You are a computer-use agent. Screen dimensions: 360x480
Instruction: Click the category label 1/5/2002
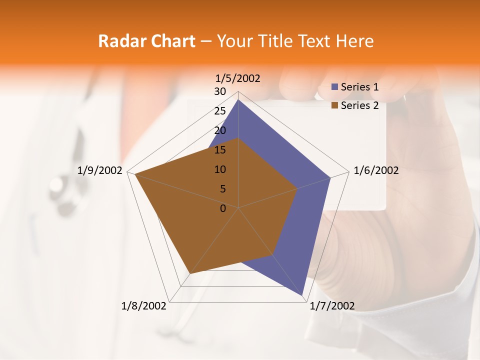[238, 78]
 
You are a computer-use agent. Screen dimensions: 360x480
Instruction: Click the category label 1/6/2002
[376, 170]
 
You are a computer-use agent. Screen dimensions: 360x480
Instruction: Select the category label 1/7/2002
[332, 306]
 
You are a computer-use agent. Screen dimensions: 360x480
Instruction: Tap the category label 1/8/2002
[144, 306]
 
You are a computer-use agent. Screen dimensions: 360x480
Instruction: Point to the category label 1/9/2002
[100, 170]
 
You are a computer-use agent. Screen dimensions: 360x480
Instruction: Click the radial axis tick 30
[220, 91]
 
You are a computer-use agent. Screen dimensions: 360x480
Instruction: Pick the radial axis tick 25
[220, 111]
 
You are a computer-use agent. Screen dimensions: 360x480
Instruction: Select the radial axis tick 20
[220, 130]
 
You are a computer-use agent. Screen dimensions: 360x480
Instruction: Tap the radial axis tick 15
[220, 150]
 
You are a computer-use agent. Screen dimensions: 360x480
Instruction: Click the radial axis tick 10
[220, 169]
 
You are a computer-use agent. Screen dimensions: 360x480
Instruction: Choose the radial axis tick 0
[223, 208]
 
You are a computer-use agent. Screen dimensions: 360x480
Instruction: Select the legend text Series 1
[359, 87]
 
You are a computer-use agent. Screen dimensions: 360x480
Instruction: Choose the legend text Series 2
[359, 105]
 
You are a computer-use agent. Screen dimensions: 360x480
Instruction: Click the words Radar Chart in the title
[147, 41]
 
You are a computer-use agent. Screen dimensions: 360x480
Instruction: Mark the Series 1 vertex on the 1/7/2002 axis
[303, 296]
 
